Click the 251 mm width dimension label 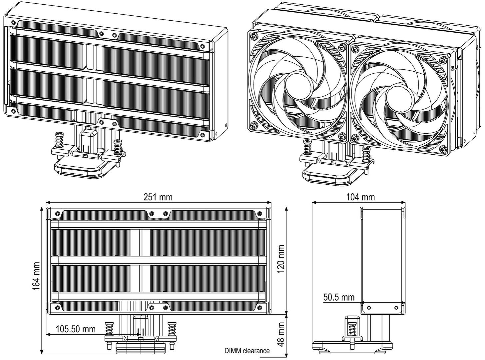(x=158, y=197)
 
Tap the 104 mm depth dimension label (x=360, y=197)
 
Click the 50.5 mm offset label (x=339, y=297)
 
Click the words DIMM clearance (x=247, y=351)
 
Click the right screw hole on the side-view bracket (x=396, y=307)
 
